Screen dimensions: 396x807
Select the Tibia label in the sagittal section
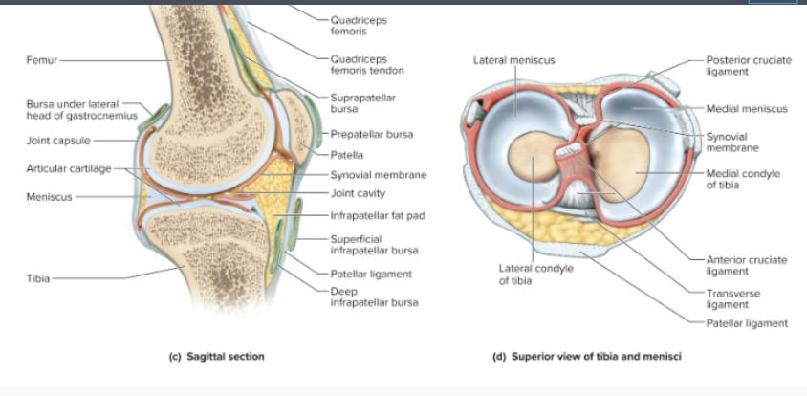click(37, 277)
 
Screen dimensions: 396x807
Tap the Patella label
click(345, 154)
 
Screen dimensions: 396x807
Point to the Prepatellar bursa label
click(371, 135)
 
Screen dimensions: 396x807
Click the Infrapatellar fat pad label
click(377, 215)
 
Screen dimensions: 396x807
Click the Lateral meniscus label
click(513, 60)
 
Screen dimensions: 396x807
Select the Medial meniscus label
click(747, 109)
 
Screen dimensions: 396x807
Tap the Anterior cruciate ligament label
click(746, 265)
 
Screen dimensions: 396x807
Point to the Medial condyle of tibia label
click(743, 179)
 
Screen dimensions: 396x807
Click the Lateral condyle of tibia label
click(535, 275)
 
